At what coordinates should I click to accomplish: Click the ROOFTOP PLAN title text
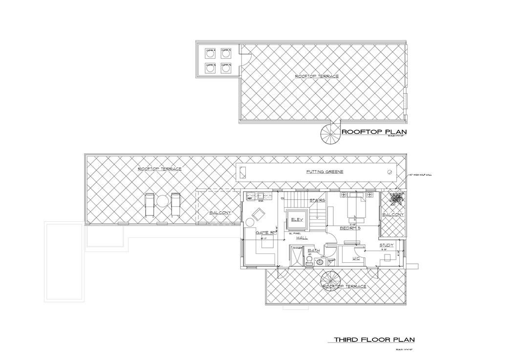coord(374,132)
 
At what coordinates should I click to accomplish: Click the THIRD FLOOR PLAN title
coord(374,339)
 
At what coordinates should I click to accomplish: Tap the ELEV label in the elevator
coord(296,219)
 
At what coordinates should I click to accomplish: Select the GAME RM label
coord(265,233)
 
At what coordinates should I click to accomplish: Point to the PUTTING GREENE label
coord(325,172)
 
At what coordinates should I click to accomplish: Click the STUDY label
coord(387,245)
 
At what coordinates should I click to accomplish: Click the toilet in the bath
coord(309,262)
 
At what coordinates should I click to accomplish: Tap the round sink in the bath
coord(320,262)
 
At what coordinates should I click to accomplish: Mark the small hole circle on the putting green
coord(390,172)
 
